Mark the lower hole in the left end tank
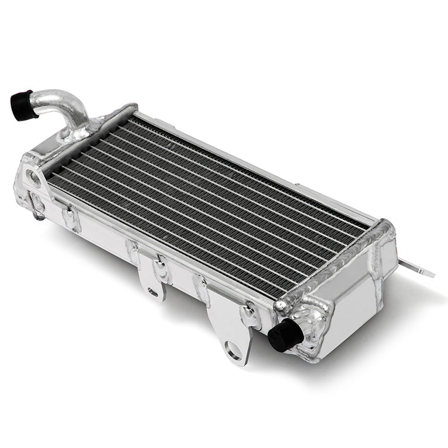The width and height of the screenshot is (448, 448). [37, 203]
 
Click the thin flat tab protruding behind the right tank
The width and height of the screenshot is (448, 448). [418, 268]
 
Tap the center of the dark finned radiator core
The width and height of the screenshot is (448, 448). [209, 203]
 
